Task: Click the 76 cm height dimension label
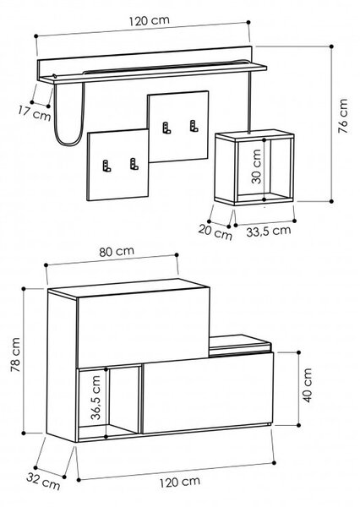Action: (343, 116)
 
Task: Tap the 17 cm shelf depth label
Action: (35, 113)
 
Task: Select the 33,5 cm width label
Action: (269, 231)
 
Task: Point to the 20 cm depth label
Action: (215, 232)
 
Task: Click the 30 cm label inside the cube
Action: (256, 166)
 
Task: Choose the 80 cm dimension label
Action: (117, 251)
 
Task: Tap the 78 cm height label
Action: (15, 354)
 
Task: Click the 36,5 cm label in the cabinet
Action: (95, 397)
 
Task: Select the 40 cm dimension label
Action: (308, 385)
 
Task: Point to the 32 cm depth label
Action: (43, 482)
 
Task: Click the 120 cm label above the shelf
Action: (149, 20)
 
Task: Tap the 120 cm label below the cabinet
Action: (180, 482)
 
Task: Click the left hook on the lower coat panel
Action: (106, 166)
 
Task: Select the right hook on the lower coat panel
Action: (134, 164)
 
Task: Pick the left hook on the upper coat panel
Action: (166, 128)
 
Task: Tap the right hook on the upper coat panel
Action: (194, 126)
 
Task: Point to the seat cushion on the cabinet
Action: (240, 344)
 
